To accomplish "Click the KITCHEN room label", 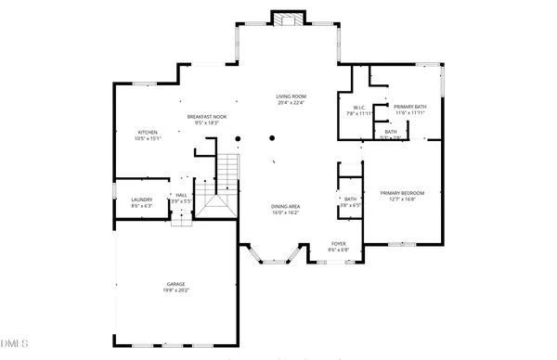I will [149, 132].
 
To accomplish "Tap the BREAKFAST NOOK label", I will [207, 116].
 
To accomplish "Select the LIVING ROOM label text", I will [291, 96].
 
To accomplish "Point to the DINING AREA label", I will [285, 206].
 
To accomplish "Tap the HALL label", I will [181, 195].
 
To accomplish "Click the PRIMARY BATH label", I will [408, 107].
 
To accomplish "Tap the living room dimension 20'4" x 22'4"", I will [291, 103].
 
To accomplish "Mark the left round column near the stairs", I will [238, 139].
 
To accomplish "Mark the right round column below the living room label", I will [272, 139].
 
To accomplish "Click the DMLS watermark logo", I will [16, 344].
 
